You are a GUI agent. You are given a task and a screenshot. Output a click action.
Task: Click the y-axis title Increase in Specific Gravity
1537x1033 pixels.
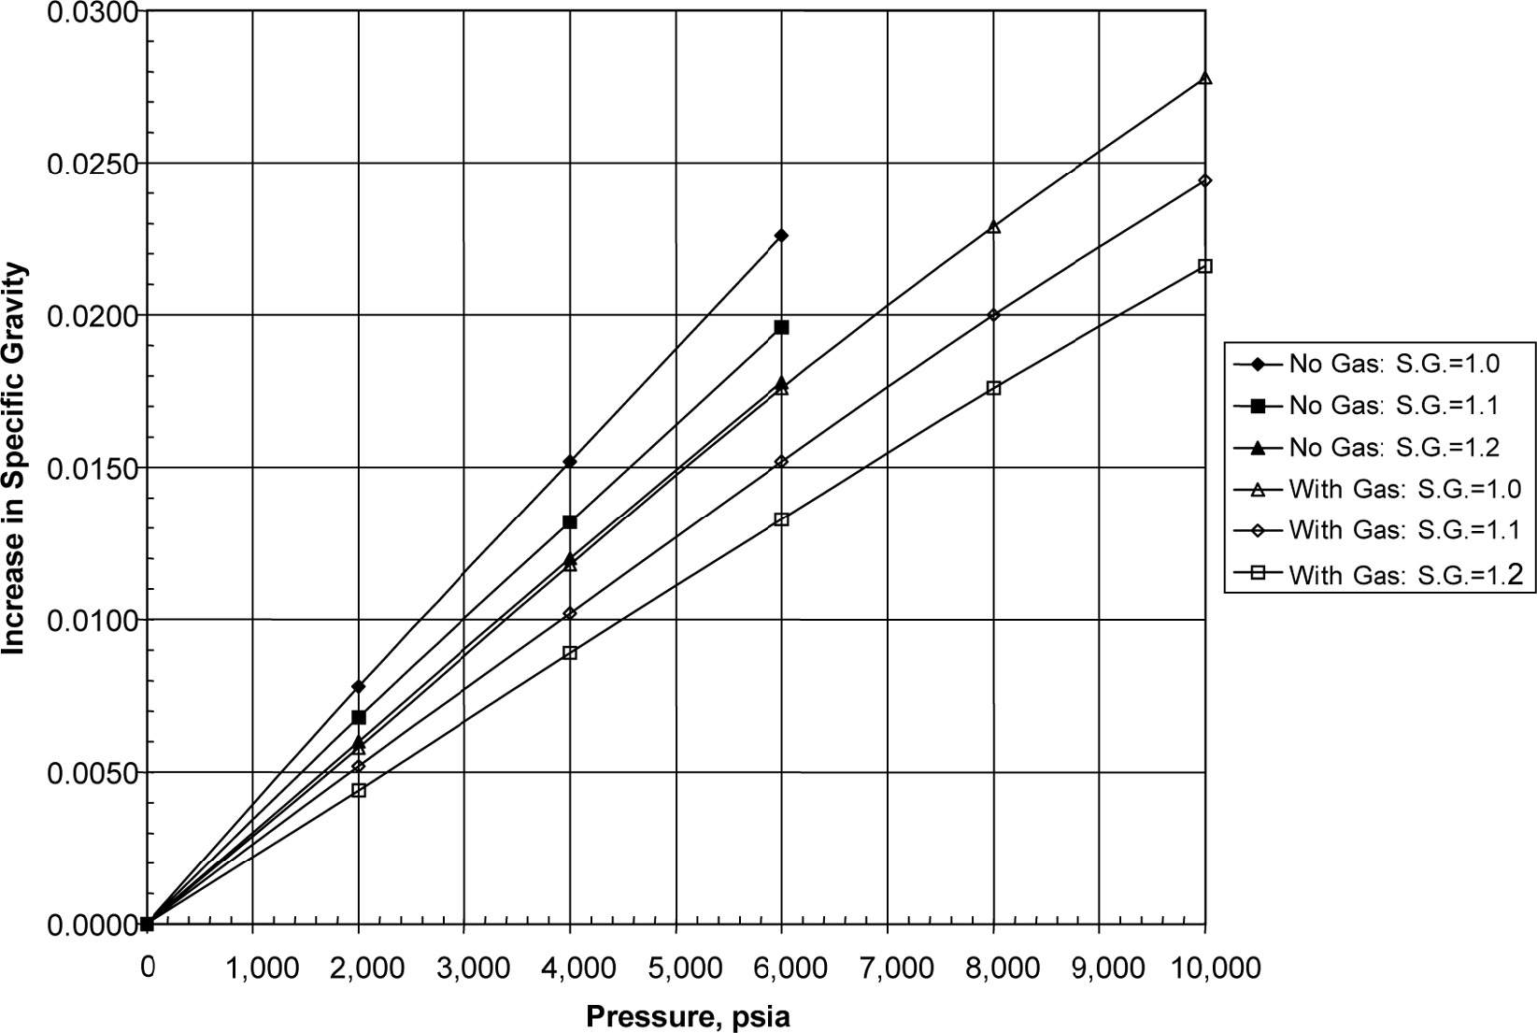(14, 458)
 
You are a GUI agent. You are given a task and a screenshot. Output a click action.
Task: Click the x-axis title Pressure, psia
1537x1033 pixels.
(688, 1017)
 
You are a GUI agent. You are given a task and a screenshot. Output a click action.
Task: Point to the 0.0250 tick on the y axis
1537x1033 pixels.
(91, 164)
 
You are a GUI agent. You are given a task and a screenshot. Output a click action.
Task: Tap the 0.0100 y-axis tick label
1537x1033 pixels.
(91, 620)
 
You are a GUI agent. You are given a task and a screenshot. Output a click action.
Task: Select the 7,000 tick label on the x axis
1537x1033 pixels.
(887, 968)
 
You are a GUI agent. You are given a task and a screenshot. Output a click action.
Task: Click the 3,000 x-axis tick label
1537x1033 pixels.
(464, 968)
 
